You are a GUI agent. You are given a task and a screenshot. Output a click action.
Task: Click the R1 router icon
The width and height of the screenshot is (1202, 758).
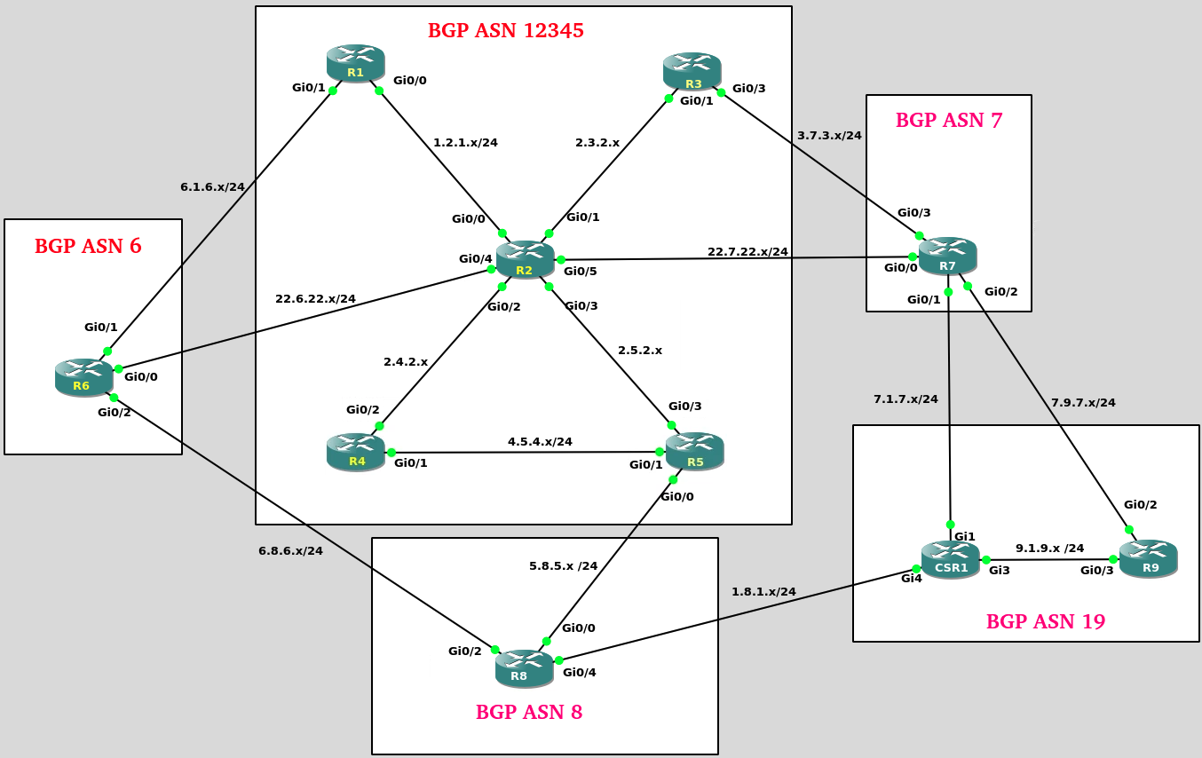355,64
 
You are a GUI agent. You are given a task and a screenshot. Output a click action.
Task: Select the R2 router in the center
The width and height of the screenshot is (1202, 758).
525,259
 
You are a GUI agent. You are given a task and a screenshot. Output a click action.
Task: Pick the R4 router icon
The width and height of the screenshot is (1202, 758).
356,452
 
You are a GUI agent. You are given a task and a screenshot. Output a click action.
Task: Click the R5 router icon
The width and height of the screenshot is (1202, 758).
695,452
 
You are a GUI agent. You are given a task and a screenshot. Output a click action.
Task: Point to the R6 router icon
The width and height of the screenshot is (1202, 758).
83,376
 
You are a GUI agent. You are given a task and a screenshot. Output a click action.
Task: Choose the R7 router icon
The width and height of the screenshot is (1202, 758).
948,256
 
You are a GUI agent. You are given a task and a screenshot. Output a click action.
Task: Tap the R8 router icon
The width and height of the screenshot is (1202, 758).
524,667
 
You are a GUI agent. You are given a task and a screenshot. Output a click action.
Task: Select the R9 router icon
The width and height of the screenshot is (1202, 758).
1148,558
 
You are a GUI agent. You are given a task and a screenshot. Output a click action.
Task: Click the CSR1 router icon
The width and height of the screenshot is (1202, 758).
950,559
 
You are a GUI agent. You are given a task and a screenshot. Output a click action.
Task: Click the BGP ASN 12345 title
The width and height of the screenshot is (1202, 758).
506,31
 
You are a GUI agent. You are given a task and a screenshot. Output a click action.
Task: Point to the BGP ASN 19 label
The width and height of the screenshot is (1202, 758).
1046,621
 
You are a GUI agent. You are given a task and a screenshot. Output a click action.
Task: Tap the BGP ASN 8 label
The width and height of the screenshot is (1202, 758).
529,712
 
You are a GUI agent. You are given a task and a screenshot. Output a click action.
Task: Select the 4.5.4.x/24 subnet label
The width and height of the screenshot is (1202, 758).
540,441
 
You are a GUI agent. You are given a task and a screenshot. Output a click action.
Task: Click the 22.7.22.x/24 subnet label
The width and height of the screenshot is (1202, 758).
747,251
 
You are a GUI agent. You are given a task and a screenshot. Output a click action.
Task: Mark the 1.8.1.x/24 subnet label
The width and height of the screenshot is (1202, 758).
763,591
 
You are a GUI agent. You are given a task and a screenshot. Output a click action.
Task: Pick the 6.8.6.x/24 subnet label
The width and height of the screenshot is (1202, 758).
290,550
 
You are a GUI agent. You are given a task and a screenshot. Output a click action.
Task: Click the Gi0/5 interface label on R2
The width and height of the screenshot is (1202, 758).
581,271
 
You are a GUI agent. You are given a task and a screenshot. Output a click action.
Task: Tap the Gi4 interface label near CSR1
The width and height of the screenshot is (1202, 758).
912,579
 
